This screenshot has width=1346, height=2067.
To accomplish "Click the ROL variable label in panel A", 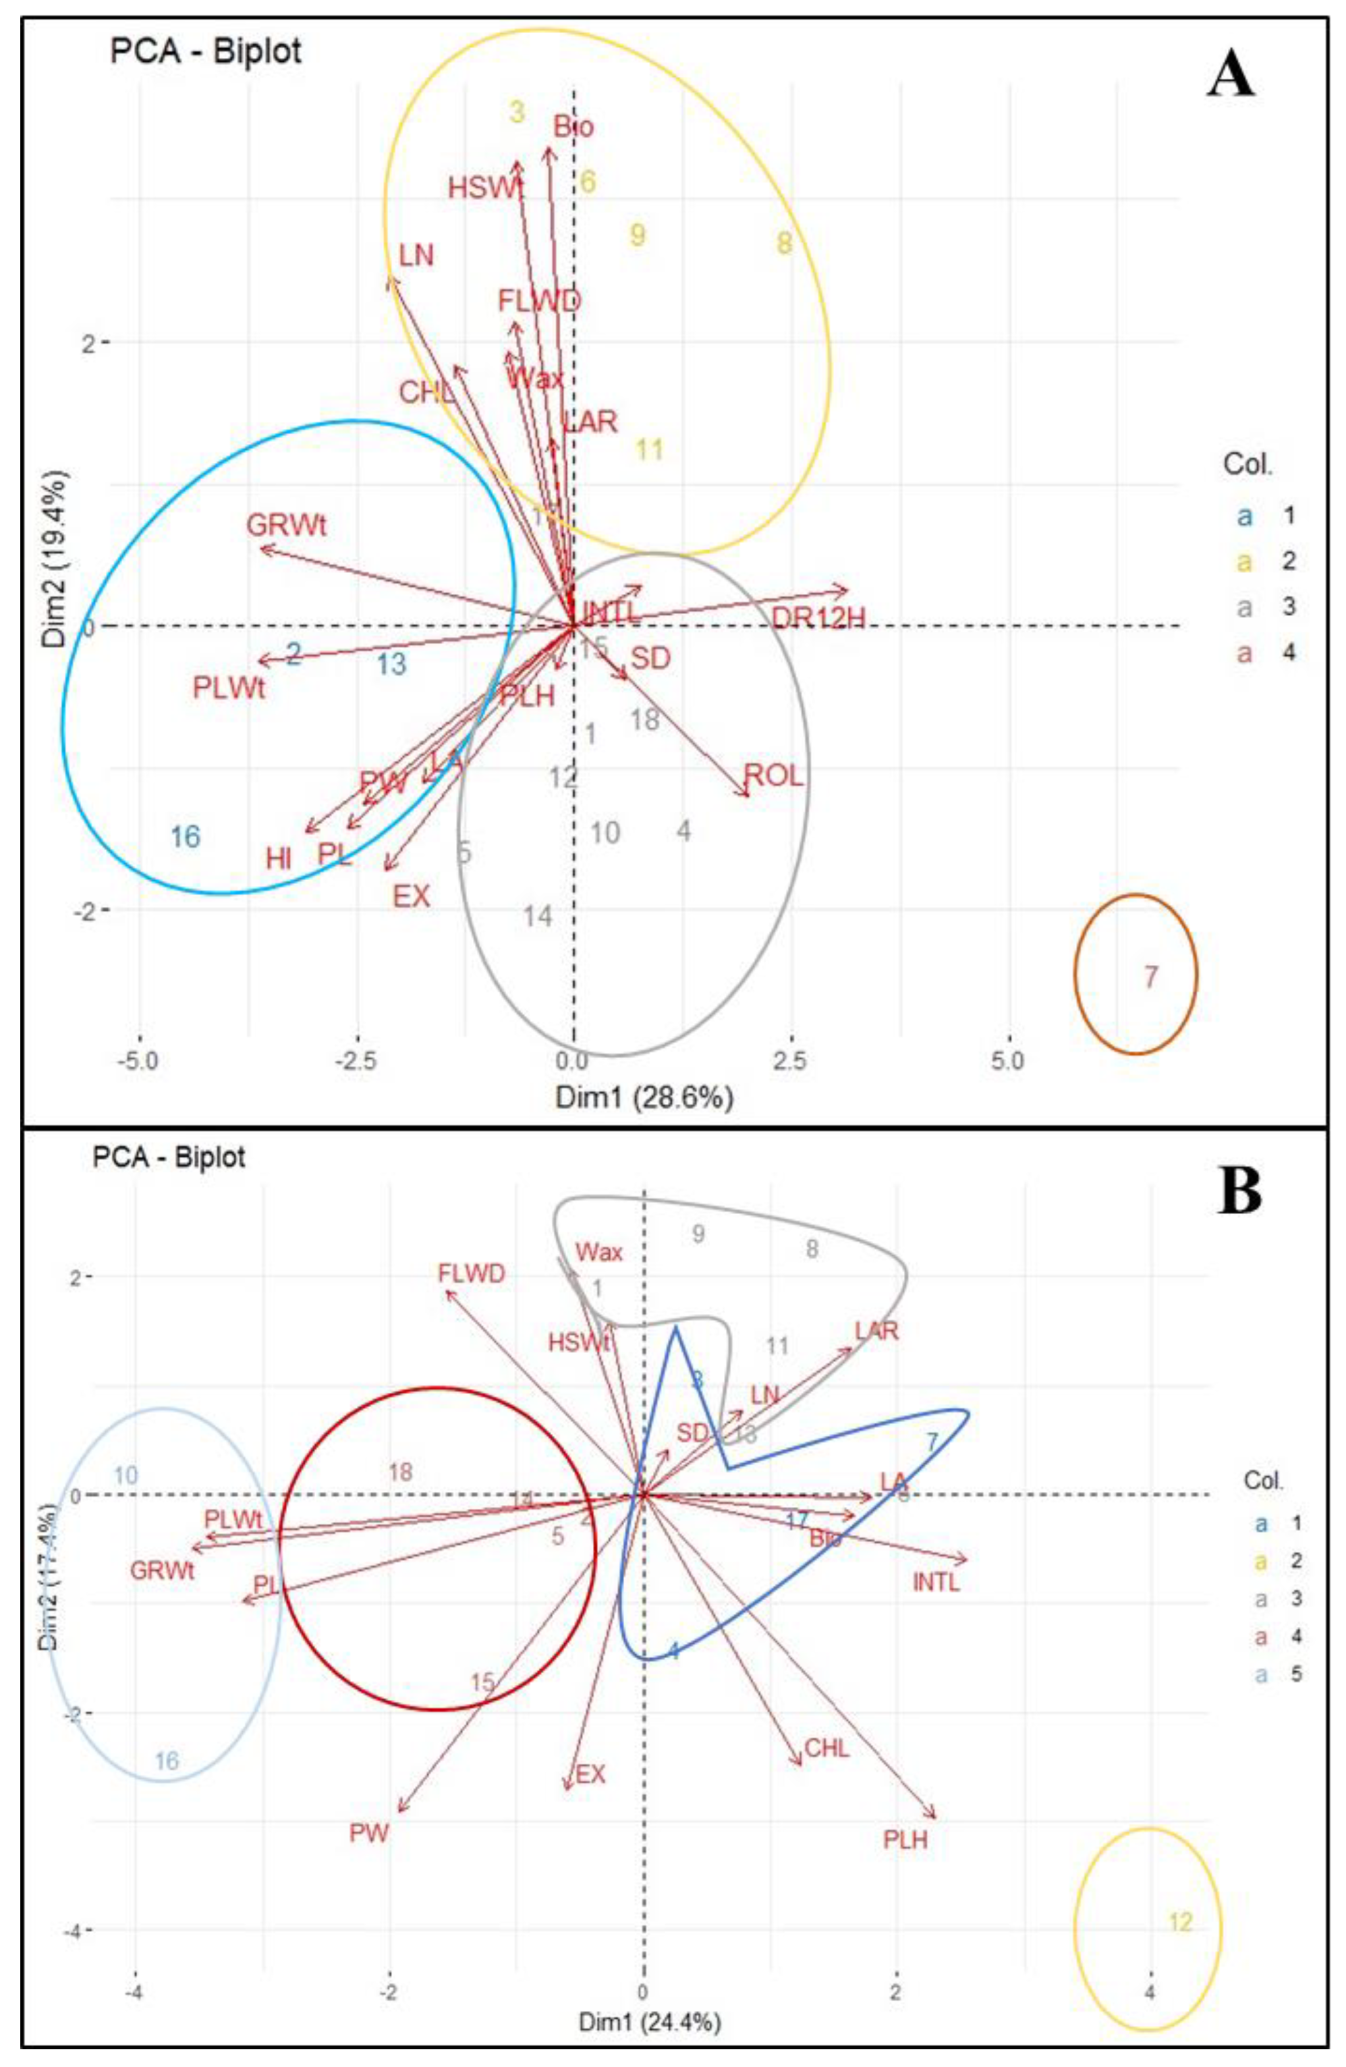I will pyautogui.click(x=773, y=775).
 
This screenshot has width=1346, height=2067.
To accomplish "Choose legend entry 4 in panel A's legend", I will pyautogui.click(x=1288, y=651).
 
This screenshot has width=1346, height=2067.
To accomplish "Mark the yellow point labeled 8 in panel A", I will pyautogui.click(x=783, y=243).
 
